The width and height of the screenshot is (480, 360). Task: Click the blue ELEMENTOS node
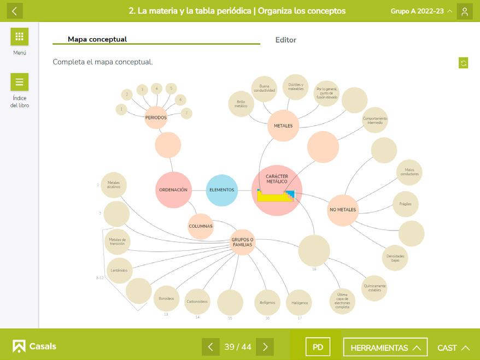click(x=222, y=190)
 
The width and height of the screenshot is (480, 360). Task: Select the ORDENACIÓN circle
click(x=173, y=190)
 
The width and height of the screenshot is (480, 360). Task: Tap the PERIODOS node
click(x=156, y=117)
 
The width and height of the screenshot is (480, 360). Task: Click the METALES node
click(x=283, y=126)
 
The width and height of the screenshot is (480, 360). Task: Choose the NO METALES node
click(x=343, y=210)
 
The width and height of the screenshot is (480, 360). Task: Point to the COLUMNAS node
click(x=201, y=226)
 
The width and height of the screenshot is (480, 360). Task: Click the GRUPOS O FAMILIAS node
click(x=242, y=242)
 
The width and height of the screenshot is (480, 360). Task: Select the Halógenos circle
click(x=299, y=303)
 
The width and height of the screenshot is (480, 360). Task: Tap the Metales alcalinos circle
click(x=114, y=185)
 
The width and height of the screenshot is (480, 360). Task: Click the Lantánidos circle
click(x=119, y=270)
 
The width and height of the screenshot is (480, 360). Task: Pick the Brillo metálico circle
click(x=241, y=104)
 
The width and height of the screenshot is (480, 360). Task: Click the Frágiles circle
click(x=405, y=204)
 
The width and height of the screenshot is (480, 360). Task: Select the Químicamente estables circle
click(x=374, y=288)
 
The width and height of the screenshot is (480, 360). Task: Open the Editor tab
click(x=285, y=40)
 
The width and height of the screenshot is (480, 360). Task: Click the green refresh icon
click(x=464, y=63)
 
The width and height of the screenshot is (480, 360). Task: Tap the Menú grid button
click(x=20, y=37)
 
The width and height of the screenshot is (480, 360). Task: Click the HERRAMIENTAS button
click(x=385, y=347)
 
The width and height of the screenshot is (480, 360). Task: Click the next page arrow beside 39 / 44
click(x=265, y=347)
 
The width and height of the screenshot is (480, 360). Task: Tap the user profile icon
click(x=465, y=11)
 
